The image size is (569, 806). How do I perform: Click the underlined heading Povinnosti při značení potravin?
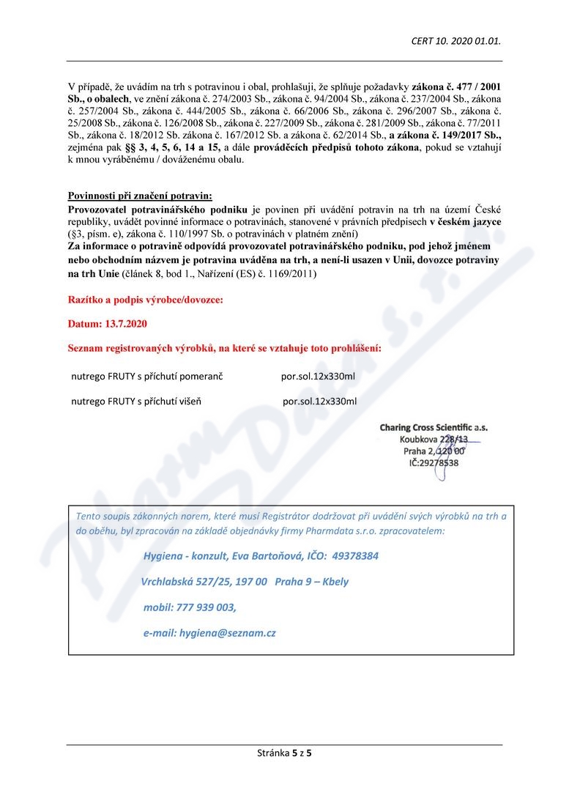point(139,196)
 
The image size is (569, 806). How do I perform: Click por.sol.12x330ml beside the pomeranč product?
point(319,377)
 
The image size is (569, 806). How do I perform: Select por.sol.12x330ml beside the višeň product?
point(320,402)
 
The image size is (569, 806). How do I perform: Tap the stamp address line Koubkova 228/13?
point(434,439)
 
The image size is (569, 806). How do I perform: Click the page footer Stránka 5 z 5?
point(285,752)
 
